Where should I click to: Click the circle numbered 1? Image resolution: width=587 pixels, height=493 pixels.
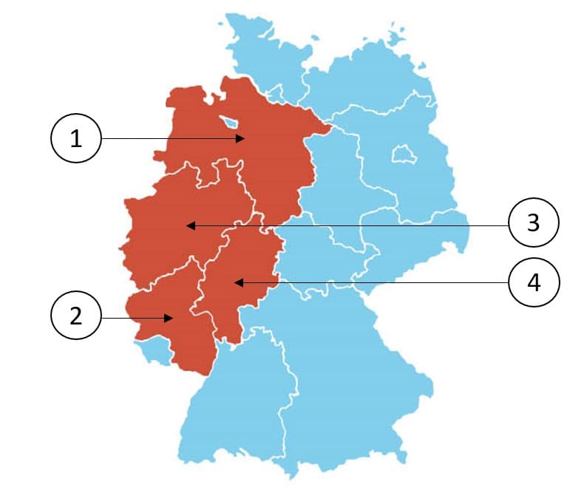(75, 138)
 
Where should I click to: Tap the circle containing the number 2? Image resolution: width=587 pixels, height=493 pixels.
(75, 318)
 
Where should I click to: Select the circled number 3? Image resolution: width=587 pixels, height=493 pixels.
(533, 223)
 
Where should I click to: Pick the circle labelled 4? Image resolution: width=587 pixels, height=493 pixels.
(533, 282)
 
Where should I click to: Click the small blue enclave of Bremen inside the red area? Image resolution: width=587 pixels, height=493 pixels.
(230, 120)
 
